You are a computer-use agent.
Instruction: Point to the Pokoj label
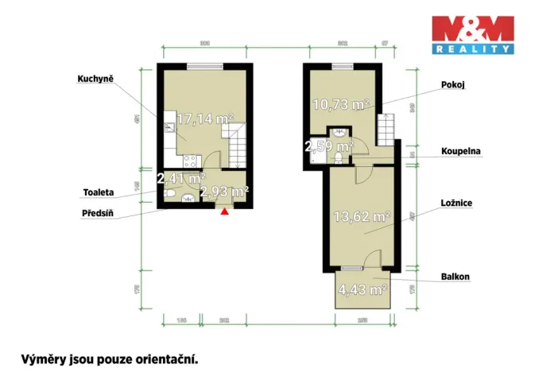pos(452,83)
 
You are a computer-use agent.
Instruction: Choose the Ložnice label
pos(457,203)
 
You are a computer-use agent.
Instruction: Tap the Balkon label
pos(455,277)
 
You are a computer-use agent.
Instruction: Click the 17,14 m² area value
pos(204,119)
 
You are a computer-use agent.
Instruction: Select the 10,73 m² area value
pos(340,104)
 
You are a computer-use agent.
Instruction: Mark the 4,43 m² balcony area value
pos(362,289)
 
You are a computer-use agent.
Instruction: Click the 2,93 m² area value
pos(224,192)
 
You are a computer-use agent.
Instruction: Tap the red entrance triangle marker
pos(225,211)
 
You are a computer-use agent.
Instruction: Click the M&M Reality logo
pos(471,36)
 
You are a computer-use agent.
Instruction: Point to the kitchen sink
pos(170,126)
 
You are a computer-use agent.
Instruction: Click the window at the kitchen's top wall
pos(204,67)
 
